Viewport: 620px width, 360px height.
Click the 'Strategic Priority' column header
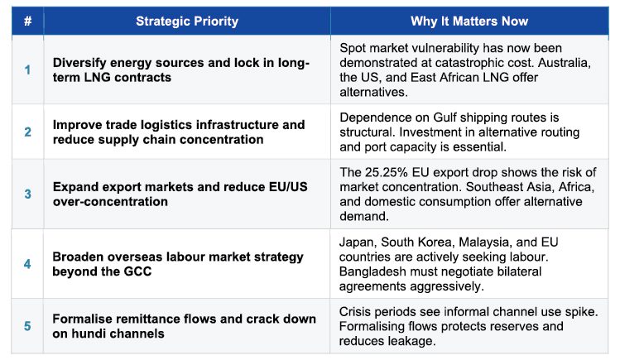click(187, 21)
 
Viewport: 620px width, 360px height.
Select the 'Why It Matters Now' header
click(469, 21)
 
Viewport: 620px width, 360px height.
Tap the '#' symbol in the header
click(27, 21)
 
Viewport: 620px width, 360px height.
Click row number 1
click(27, 70)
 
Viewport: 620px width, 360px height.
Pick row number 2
click(27, 132)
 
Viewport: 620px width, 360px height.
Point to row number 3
click(27, 194)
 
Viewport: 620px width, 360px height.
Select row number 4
click(27, 264)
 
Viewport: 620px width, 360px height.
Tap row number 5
click(27, 326)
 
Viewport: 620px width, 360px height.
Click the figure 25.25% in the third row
click(387, 172)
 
